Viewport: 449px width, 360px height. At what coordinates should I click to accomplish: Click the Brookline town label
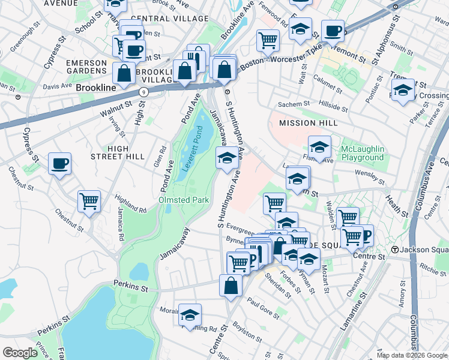point(95,88)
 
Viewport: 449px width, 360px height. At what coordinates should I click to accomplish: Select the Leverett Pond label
point(194,151)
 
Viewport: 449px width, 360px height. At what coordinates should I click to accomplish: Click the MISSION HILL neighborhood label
point(305,123)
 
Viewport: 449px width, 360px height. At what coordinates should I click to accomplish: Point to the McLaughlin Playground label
point(362,153)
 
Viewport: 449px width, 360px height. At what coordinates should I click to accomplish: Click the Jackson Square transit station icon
point(395,249)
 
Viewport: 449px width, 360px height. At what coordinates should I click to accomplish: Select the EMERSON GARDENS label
point(86,66)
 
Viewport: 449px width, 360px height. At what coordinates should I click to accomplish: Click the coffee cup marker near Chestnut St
point(59,164)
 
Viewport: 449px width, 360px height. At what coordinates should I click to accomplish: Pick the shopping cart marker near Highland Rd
point(89,202)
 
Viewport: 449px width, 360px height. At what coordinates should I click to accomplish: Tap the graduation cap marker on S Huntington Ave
point(226,159)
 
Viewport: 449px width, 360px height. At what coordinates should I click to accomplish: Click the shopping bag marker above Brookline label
point(124,74)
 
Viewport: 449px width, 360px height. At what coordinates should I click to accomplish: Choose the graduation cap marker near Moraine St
point(190,315)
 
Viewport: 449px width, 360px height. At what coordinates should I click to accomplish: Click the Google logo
point(20,353)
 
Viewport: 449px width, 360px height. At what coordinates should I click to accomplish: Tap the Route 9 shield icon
point(143,92)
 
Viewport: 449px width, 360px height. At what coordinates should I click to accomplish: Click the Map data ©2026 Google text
point(411,355)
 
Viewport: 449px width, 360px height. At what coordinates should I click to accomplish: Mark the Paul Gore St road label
point(263,309)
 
